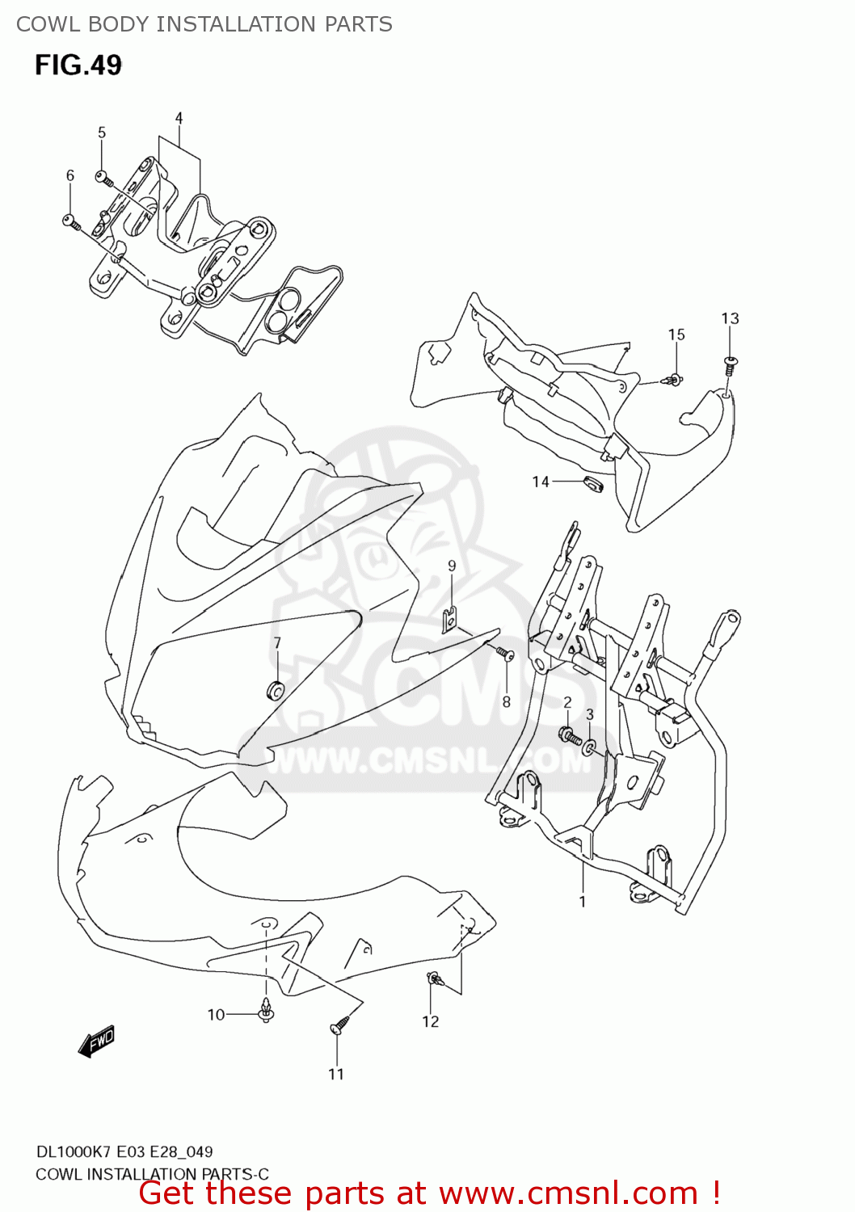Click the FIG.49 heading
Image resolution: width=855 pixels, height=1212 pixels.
(x=78, y=65)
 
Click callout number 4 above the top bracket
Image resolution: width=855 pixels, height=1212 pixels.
(x=179, y=118)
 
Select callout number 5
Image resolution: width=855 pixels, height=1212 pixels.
(x=102, y=133)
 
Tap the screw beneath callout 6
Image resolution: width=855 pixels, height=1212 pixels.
(x=69, y=220)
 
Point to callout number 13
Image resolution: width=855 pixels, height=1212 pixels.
(x=730, y=318)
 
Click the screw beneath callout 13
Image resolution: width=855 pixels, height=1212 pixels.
(x=730, y=364)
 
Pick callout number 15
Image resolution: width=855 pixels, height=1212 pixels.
(x=676, y=335)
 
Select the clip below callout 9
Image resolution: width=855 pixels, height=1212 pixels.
(x=451, y=618)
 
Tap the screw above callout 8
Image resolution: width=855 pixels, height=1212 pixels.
(x=506, y=653)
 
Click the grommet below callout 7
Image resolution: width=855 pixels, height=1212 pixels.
(x=276, y=690)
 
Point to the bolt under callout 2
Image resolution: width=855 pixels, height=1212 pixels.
(x=569, y=735)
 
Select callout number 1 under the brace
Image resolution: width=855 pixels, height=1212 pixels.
(x=582, y=901)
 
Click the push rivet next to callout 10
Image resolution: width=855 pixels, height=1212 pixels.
(x=265, y=1011)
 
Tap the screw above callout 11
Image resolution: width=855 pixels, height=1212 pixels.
(x=338, y=1027)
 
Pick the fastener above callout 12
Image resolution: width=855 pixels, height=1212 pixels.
(x=435, y=980)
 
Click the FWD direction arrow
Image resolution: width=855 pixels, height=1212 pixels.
(x=97, y=1042)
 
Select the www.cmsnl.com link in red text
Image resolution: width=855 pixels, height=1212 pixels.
(x=568, y=1193)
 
